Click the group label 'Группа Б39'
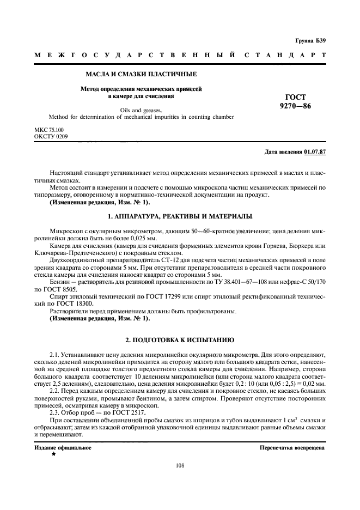coord(310,41)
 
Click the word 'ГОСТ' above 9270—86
coord(295,97)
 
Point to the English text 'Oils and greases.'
coord(141,109)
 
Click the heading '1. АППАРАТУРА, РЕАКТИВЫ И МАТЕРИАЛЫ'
coord(180,217)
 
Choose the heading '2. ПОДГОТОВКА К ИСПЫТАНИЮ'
coord(180,339)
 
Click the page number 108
coord(180,465)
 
